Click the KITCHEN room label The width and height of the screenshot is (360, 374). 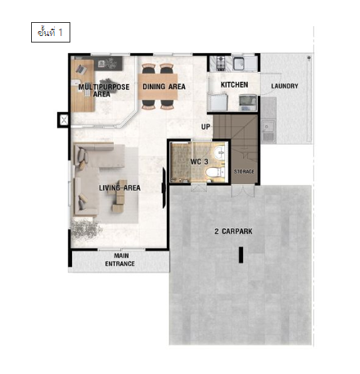234,85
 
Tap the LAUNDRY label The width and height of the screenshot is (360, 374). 285,86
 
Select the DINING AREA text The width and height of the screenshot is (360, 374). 164,87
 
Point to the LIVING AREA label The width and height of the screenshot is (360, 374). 119,187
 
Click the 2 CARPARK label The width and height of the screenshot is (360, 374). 233,232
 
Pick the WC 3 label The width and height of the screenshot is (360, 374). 199,161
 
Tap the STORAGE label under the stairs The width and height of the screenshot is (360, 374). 244,172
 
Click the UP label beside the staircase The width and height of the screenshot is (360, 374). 205,127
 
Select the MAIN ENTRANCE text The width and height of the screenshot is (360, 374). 120,259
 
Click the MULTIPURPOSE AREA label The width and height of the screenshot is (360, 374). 104,91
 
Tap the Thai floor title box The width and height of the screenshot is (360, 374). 51,33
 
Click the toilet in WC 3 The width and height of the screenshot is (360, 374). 215,172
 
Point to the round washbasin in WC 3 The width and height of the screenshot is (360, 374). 219,153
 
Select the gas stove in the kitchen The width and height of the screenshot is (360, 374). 221,63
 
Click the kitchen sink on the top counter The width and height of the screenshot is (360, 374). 239,63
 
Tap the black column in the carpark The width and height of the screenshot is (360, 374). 241,255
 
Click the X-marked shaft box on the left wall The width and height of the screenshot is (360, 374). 64,120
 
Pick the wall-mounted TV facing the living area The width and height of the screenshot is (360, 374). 164,188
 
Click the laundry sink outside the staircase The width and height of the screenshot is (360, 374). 268,128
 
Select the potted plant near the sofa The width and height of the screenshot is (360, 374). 85,229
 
